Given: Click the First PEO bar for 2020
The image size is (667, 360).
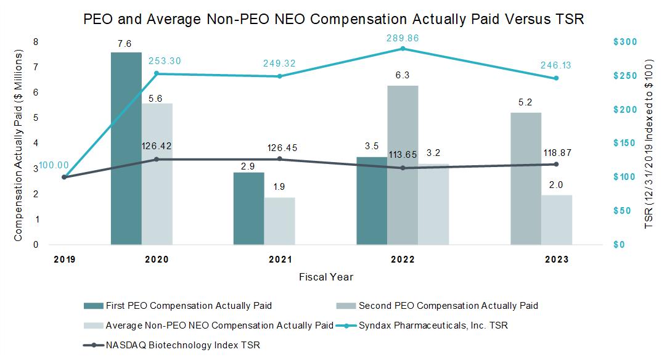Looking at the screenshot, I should click(x=126, y=148).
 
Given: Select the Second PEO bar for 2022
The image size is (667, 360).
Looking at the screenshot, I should click(x=403, y=165).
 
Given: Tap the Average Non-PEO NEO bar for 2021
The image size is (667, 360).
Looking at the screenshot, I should click(x=279, y=221).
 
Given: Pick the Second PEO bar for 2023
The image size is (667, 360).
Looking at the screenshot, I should click(x=526, y=178).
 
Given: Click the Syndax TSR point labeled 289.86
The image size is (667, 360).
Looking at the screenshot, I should click(x=403, y=48).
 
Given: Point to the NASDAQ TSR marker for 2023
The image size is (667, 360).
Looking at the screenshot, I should click(x=556, y=164).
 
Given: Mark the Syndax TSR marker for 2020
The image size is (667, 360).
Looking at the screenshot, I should click(x=156, y=73).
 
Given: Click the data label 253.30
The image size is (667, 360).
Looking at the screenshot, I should click(x=165, y=61).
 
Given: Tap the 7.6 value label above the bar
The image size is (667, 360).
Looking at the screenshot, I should click(x=126, y=44).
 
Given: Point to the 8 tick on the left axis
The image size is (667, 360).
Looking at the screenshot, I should click(x=36, y=41).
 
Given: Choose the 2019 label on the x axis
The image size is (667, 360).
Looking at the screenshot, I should click(x=64, y=260).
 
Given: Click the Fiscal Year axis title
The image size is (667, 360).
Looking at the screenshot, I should click(x=326, y=277).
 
